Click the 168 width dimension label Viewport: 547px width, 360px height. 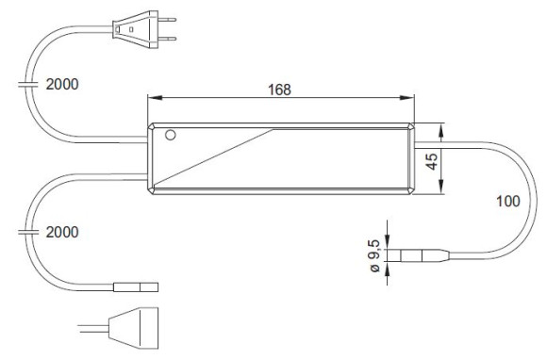[x=279, y=90]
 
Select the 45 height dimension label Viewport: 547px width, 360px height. [x=432, y=161]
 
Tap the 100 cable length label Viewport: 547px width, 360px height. [x=508, y=201]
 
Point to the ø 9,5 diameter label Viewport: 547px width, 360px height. [x=374, y=256]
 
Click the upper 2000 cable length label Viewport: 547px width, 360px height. [x=62, y=84]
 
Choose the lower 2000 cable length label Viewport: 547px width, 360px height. [x=62, y=232]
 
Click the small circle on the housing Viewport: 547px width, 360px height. [x=171, y=135]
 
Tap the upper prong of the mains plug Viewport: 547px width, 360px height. [x=167, y=20]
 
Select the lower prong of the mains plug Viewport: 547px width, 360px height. [x=167, y=39]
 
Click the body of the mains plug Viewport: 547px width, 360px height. [x=135, y=29]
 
